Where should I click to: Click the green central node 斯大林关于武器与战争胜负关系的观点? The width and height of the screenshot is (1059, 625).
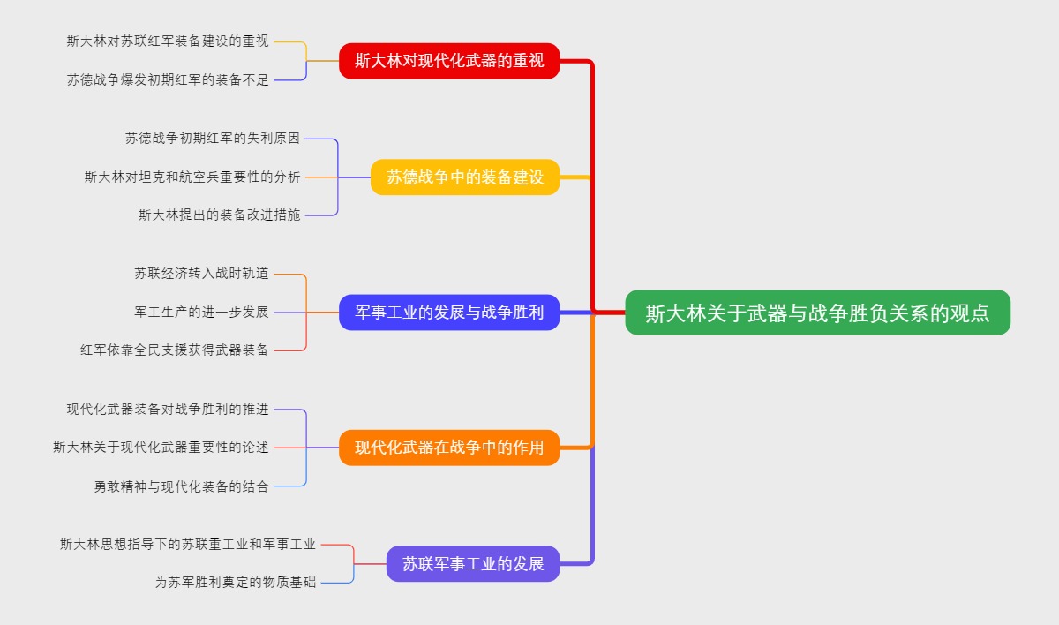pyautogui.click(x=817, y=312)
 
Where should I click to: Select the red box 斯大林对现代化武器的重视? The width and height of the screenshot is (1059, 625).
pyautogui.click(x=449, y=61)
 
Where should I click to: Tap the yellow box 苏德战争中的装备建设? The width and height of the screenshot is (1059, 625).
pyautogui.click(x=465, y=177)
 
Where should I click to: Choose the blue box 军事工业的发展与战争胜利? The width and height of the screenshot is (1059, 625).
pyautogui.click(x=449, y=312)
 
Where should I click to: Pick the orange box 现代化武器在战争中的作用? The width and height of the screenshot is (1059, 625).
pyautogui.click(x=449, y=448)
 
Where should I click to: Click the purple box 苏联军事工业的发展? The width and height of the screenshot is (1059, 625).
pyautogui.click(x=473, y=563)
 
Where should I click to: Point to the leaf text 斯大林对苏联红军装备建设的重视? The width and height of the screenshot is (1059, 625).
pyautogui.click(x=168, y=41)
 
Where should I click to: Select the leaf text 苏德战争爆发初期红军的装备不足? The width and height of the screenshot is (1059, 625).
pyautogui.click(x=168, y=79)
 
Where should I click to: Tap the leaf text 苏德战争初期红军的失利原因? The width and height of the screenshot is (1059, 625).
pyautogui.click(x=213, y=139)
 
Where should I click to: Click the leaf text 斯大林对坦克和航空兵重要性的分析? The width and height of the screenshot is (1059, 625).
pyautogui.click(x=192, y=177)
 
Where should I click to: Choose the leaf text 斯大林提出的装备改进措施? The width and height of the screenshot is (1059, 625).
pyautogui.click(x=219, y=215)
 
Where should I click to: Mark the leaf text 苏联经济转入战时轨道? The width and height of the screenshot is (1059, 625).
pyautogui.click(x=201, y=274)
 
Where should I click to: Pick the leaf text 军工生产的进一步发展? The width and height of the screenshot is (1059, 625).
pyautogui.click(x=201, y=312)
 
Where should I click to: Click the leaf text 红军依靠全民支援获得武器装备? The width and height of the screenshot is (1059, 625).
pyautogui.click(x=175, y=350)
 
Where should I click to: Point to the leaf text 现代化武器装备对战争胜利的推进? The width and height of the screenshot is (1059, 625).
pyautogui.click(x=168, y=410)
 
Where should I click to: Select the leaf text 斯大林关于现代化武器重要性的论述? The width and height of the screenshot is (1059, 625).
pyautogui.click(x=161, y=448)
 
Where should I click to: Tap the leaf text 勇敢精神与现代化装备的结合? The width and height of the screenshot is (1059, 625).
pyautogui.click(x=181, y=486)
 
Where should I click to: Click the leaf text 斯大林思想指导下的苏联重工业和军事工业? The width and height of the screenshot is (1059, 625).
pyautogui.click(x=187, y=545)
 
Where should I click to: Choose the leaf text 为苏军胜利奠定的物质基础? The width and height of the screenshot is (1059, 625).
pyautogui.click(x=235, y=583)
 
